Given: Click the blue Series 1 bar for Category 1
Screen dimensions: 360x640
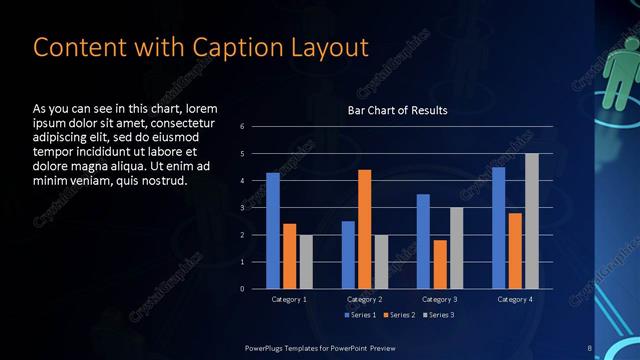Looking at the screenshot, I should tap(273, 231).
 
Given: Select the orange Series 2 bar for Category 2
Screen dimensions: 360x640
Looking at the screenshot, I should tap(365, 229).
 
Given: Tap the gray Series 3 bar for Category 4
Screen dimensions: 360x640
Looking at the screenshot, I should tap(532, 221).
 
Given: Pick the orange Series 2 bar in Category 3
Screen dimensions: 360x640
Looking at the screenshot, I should tap(440, 264).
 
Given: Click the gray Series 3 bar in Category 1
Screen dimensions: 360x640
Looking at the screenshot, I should tap(306, 262).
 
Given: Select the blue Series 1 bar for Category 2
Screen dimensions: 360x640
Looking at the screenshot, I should tap(348, 255).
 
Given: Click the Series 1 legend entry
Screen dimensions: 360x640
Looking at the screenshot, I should tap(362, 315).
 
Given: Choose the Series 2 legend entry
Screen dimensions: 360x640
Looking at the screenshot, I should tap(398, 315).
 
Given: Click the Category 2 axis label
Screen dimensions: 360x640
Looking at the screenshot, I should tap(365, 299).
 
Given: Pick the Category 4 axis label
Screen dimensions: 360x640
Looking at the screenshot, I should tap(515, 299).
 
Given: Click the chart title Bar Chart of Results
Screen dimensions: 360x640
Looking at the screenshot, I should tap(397, 110).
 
